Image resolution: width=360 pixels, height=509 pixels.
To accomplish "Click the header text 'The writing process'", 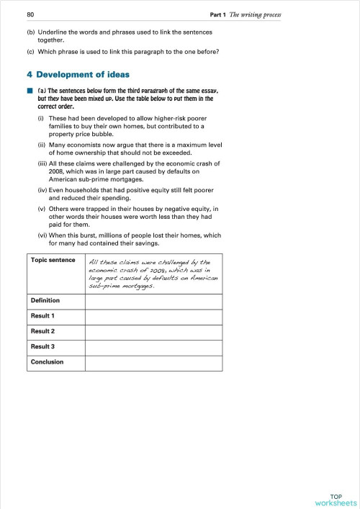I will pyautogui.click(x=254, y=15).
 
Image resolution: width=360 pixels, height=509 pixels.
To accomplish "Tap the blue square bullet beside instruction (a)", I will pyautogui.click(x=30, y=91).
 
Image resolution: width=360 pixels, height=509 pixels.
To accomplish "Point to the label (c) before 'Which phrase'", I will pyautogui.click(x=30, y=50).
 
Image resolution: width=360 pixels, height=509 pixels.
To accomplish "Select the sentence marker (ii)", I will pyautogui.click(x=42, y=145).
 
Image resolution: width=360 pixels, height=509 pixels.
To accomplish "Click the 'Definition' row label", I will pyautogui.click(x=45, y=300).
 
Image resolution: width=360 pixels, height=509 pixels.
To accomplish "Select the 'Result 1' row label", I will pyautogui.click(x=43, y=316).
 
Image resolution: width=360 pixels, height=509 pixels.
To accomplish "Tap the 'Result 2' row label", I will pyautogui.click(x=43, y=331).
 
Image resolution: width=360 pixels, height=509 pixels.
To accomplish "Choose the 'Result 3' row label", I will pyautogui.click(x=43, y=347).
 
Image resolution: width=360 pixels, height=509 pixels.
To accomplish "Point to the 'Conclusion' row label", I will pyautogui.click(x=47, y=362).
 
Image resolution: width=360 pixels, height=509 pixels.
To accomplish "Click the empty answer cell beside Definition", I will pyautogui.click(x=153, y=300).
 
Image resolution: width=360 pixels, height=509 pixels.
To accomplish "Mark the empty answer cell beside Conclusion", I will pyautogui.click(x=153, y=362).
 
